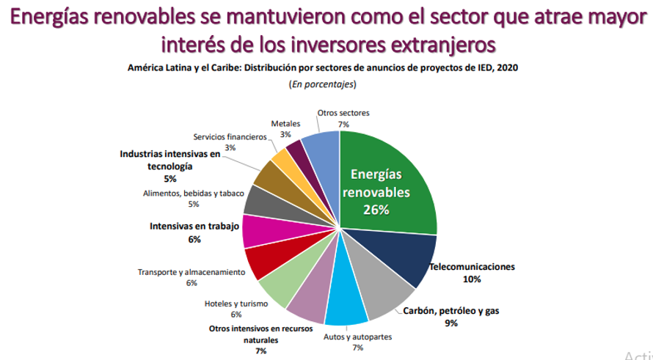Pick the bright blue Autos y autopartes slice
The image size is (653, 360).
[x=346, y=308]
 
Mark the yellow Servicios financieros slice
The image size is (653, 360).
[x=283, y=158]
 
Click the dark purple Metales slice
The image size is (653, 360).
[x=296, y=150]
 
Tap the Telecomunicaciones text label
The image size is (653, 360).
[x=472, y=267]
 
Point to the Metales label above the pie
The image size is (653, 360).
[x=285, y=124]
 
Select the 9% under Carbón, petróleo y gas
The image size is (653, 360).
[x=450, y=323]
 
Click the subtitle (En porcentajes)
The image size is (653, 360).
[x=323, y=84]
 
